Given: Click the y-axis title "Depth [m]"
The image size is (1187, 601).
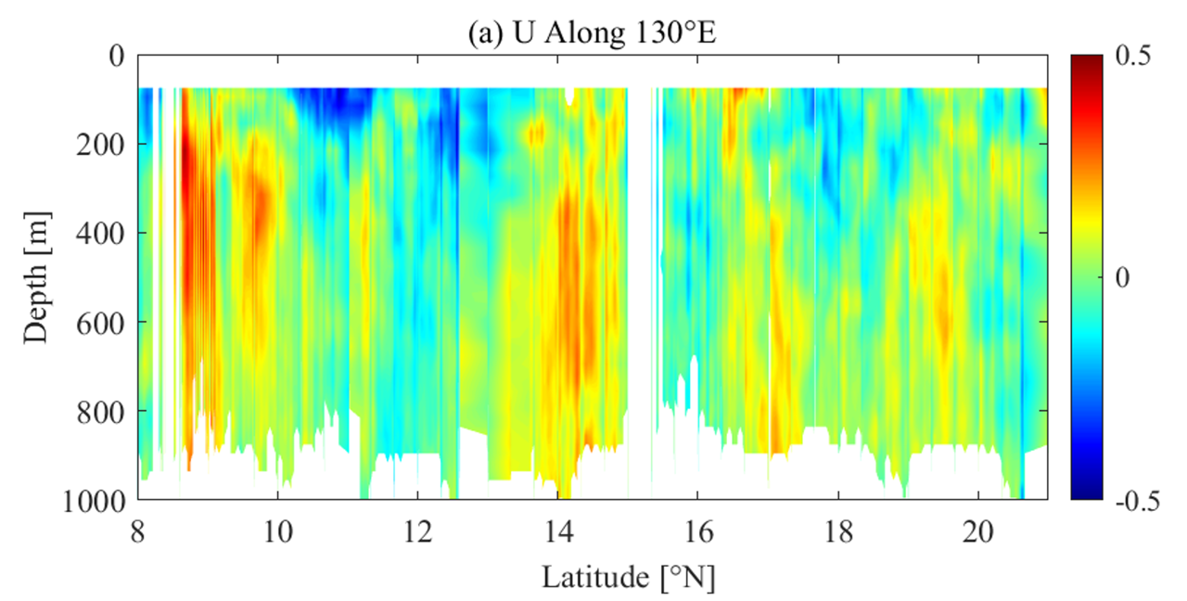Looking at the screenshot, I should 36,277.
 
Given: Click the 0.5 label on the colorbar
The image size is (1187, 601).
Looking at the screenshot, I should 1131,58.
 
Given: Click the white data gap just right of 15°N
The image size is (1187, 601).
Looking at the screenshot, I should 640,278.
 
